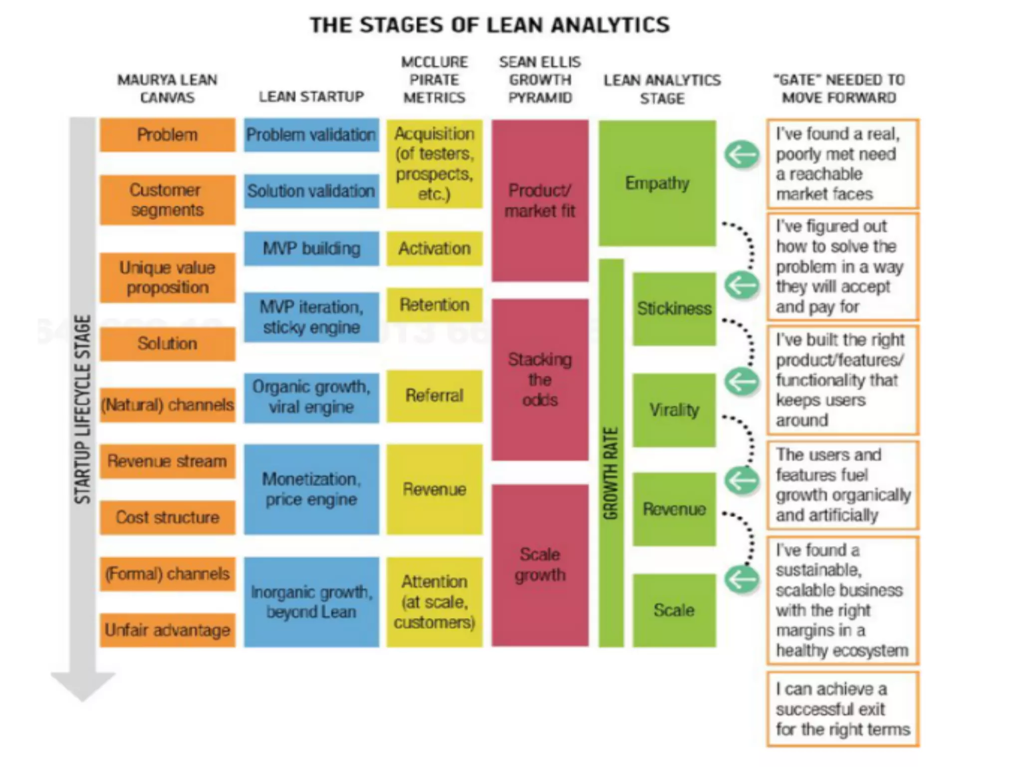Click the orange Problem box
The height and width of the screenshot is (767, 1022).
click(x=167, y=135)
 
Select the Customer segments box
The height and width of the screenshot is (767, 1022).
click(x=167, y=200)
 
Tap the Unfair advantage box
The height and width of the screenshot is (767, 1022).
click(x=167, y=630)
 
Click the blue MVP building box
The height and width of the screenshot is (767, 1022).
click(x=311, y=248)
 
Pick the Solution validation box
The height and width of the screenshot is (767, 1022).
click(x=311, y=191)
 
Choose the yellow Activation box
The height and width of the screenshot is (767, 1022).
click(x=434, y=248)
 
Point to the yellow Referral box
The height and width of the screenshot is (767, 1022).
click(x=434, y=395)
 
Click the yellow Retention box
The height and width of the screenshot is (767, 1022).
click(x=434, y=305)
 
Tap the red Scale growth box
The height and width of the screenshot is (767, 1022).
click(x=540, y=565)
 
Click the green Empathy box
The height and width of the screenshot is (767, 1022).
click(x=657, y=183)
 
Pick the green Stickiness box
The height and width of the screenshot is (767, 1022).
click(x=674, y=309)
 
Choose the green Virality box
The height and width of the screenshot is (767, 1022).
click(x=674, y=410)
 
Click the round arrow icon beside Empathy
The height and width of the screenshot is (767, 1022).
click(x=742, y=155)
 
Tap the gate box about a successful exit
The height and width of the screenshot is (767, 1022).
click(x=842, y=709)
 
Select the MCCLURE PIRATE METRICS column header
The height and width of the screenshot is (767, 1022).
click(x=434, y=80)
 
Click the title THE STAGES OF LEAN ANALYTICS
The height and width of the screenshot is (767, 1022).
click(x=490, y=25)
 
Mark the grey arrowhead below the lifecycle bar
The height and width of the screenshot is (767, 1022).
click(x=83, y=685)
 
